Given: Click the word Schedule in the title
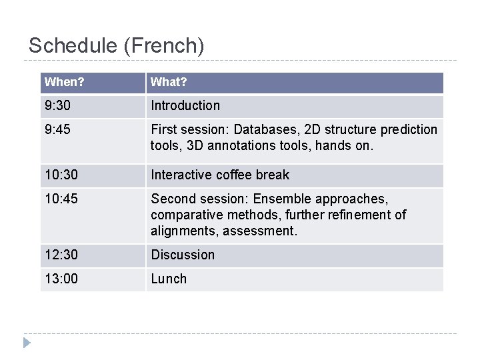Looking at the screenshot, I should (73, 46).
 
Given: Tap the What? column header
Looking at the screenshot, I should (169, 82).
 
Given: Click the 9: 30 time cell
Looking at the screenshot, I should (57, 105).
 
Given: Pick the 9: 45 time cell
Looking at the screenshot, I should (57, 129).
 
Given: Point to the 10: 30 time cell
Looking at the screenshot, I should (61, 175).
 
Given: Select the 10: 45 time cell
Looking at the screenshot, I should (61, 199).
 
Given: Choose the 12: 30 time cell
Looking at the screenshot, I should (61, 255).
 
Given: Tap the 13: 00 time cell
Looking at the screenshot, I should (61, 279).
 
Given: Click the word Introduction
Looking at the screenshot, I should (185, 105).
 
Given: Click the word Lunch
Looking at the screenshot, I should (169, 279).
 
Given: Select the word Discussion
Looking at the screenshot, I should (183, 255).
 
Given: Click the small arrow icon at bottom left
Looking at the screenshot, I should (26, 343).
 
